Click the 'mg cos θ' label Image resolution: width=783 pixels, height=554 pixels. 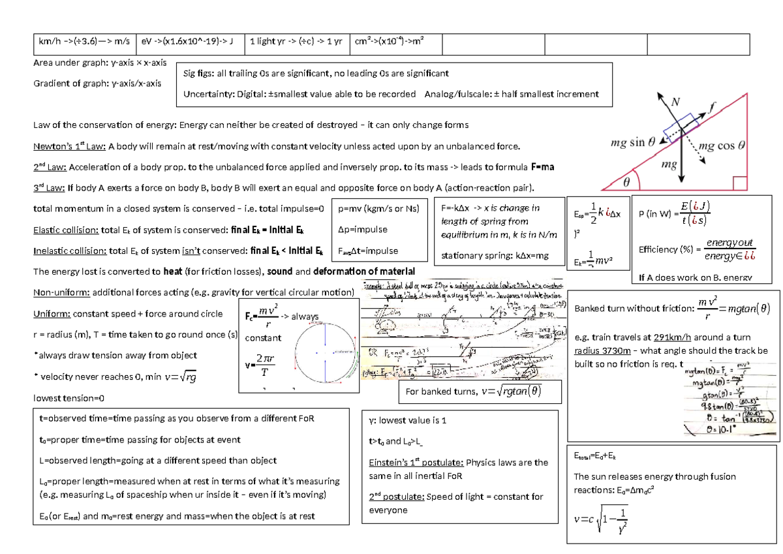click(x=722, y=146)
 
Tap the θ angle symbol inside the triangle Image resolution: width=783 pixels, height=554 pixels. click(x=626, y=183)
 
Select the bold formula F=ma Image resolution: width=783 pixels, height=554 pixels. click(x=543, y=167)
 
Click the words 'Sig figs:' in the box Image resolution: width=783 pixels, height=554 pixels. click(x=200, y=74)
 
